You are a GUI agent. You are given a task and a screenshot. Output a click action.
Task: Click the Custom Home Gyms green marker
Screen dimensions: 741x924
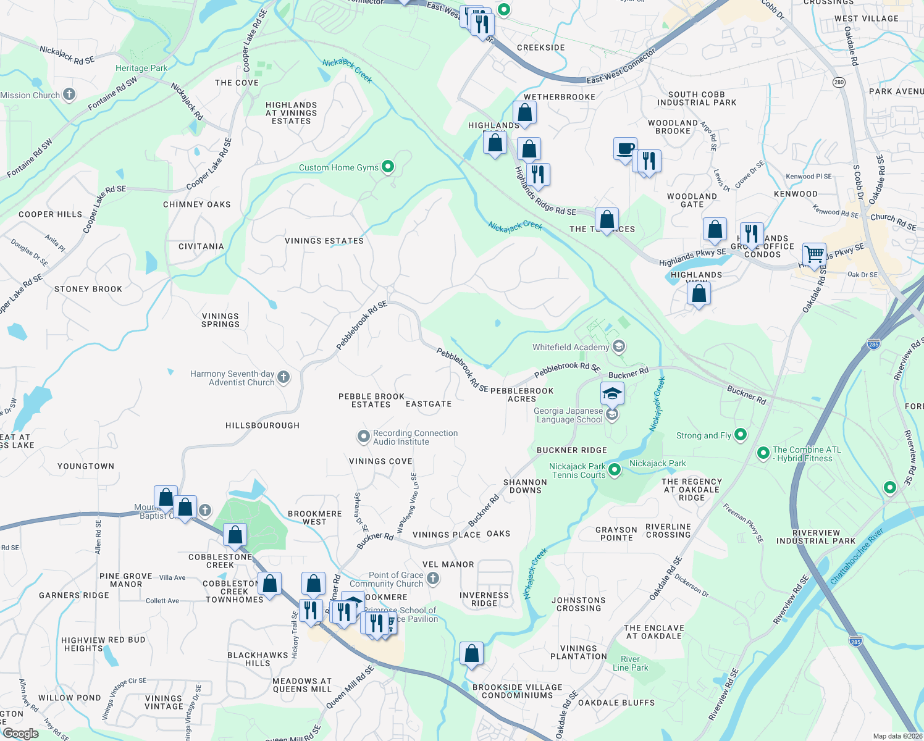(x=388, y=167)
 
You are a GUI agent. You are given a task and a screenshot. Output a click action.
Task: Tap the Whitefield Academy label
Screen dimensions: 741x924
(x=571, y=348)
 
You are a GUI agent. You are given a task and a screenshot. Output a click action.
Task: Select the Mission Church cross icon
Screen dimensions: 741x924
(x=69, y=94)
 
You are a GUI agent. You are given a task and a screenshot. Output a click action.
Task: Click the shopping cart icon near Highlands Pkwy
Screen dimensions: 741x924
(x=814, y=253)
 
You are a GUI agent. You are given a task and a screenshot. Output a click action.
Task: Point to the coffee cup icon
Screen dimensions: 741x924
(x=625, y=149)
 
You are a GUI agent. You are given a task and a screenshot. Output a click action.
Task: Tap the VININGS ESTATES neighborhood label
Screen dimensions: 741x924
(x=324, y=241)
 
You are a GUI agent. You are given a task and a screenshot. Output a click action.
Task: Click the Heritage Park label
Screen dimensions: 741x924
(x=141, y=69)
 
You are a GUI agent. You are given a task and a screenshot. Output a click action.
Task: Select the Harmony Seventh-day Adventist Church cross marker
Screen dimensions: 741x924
(x=283, y=377)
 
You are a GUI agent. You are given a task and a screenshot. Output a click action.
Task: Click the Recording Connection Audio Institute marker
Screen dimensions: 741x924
(x=364, y=437)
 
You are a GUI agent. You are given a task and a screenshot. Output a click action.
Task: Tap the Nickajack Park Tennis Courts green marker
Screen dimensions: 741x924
(x=615, y=471)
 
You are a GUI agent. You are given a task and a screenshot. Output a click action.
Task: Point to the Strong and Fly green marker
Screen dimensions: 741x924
(x=741, y=435)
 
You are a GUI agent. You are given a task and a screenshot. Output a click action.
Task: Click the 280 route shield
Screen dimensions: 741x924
(x=838, y=82)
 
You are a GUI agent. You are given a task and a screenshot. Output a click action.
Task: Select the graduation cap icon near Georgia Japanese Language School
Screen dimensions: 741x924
(x=611, y=393)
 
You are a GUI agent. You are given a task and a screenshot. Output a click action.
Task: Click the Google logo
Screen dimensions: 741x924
(x=20, y=734)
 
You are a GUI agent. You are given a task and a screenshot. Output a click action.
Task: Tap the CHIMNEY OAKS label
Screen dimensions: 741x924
(x=197, y=204)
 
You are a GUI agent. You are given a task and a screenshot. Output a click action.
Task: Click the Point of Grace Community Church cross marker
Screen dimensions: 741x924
(x=433, y=579)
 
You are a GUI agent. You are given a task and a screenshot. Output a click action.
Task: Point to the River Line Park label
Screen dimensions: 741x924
(x=630, y=663)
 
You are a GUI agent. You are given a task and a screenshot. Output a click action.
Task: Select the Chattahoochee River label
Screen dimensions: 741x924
(x=857, y=556)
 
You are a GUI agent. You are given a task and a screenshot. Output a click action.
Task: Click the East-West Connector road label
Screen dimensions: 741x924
(x=621, y=67)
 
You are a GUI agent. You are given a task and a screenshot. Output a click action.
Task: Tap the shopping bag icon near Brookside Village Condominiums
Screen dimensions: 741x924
(x=471, y=653)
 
